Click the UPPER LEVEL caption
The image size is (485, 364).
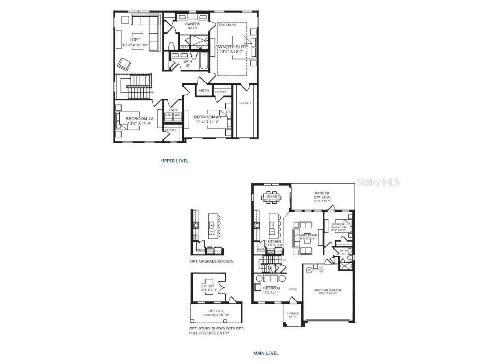click(175, 161)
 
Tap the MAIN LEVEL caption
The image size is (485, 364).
click(265, 353)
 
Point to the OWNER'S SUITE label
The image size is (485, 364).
click(232, 47)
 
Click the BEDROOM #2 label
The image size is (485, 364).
click(139, 119)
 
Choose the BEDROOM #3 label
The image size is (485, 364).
click(207, 117)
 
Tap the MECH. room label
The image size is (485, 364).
click(205, 91)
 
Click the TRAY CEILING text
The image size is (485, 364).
click(228, 24)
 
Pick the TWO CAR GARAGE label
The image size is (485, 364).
click(328, 291)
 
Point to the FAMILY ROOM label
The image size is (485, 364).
click(306, 235)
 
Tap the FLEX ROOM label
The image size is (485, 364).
click(271, 288)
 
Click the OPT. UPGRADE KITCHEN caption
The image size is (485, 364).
click(211, 261)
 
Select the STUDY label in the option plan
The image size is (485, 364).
click(209, 286)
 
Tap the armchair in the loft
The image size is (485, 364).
click(124, 64)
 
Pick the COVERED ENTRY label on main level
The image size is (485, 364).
click(292, 315)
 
